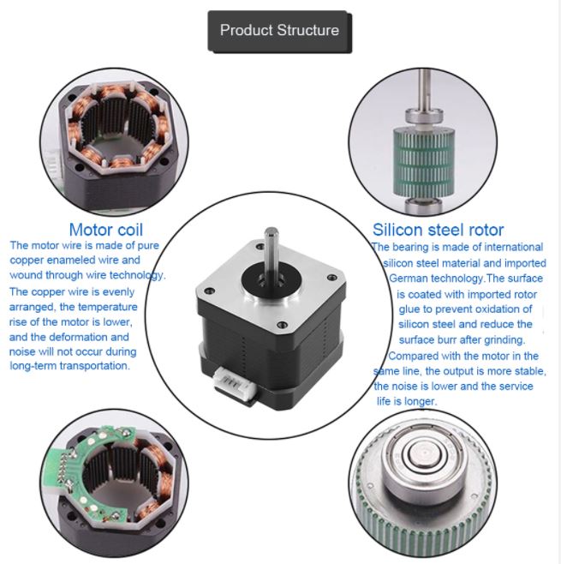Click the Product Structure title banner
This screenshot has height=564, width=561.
[x=279, y=31]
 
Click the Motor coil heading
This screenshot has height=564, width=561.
[x=105, y=229]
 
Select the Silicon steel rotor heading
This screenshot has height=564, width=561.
[x=438, y=229]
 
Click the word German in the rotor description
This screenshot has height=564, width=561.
[x=411, y=279]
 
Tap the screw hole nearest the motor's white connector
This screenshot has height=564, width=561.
[x=281, y=327]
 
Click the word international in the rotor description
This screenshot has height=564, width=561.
[x=510, y=248]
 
